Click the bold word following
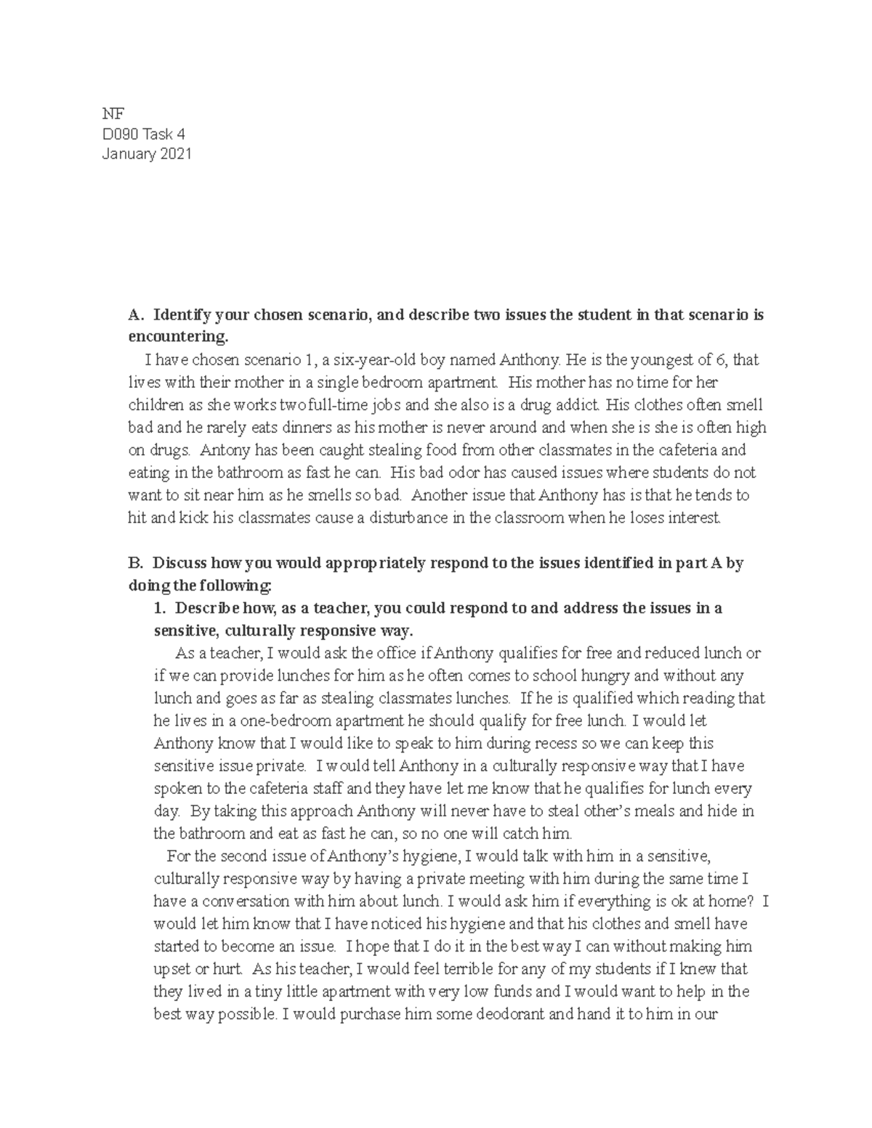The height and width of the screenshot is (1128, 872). (235, 585)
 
